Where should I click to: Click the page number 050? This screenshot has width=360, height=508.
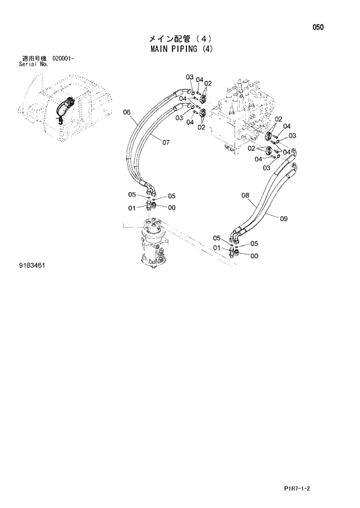click(x=318, y=27)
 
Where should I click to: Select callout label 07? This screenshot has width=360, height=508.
click(x=165, y=142)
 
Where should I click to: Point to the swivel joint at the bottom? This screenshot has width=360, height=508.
click(x=153, y=244)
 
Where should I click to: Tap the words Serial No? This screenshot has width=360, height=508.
click(x=34, y=64)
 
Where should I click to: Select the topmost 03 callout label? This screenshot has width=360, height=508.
click(x=189, y=77)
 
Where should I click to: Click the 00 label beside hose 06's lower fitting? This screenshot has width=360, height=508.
click(x=172, y=207)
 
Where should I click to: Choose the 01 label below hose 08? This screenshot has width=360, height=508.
click(x=217, y=248)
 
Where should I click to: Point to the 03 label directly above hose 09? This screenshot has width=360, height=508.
click(x=267, y=168)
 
